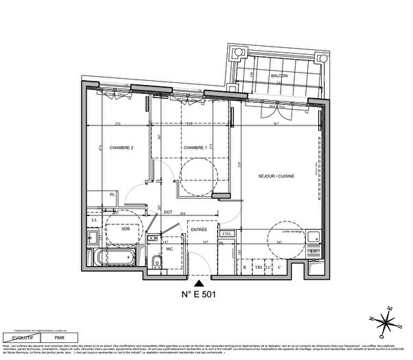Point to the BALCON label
278,75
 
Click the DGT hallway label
167,213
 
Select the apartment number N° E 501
200,296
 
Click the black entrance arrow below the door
200,281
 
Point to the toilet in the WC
157,262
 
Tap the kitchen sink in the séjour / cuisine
314,238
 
